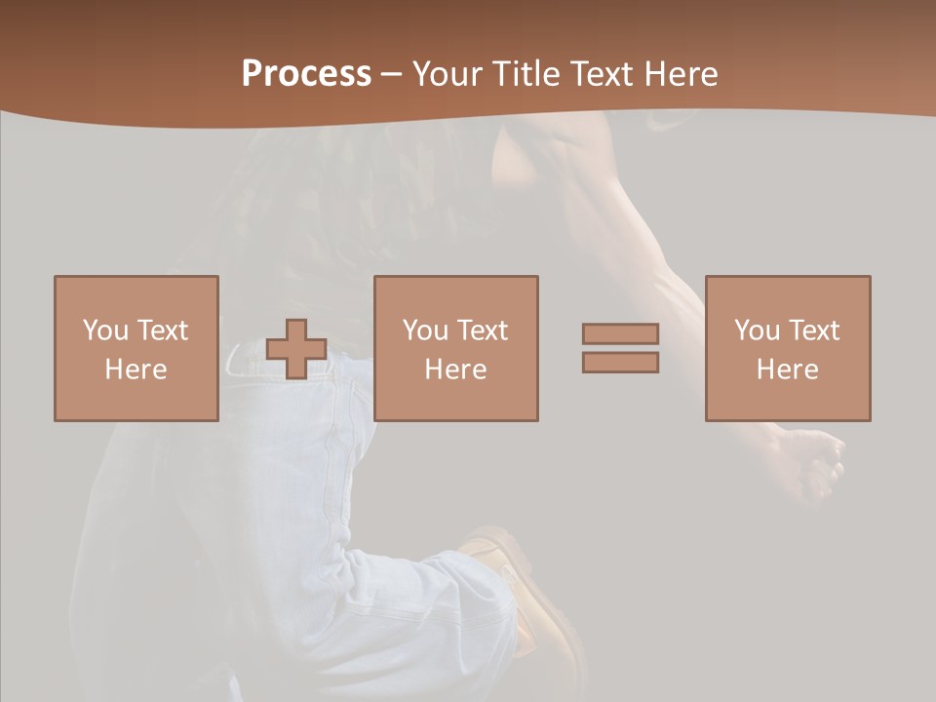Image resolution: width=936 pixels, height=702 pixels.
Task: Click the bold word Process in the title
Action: [x=306, y=74]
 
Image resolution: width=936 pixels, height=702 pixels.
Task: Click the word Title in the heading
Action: [x=528, y=74]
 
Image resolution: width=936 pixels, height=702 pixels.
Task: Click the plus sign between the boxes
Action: [x=296, y=349]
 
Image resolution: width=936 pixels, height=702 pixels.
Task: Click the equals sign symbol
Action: [x=620, y=348]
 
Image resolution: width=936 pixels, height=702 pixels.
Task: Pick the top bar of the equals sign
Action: [x=620, y=334]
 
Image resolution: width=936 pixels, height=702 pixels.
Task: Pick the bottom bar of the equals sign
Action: [x=620, y=362]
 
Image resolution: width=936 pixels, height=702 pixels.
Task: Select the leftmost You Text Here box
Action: [x=136, y=348]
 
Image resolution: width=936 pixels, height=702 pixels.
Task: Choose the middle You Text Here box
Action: [x=455, y=348]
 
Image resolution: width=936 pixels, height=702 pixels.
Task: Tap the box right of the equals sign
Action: [x=787, y=348]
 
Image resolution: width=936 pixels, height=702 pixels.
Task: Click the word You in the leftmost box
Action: [x=105, y=331]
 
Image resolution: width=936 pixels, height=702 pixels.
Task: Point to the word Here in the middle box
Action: [x=455, y=370]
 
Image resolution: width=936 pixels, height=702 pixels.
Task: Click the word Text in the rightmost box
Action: [x=813, y=331]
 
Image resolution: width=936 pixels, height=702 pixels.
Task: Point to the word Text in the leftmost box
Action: [x=162, y=331]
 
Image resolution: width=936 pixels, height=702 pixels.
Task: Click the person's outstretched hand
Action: [x=809, y=463]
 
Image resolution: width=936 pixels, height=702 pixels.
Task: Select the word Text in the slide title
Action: [x=600, y=74]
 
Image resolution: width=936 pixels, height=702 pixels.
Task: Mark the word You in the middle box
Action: [x=425, y=331]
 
